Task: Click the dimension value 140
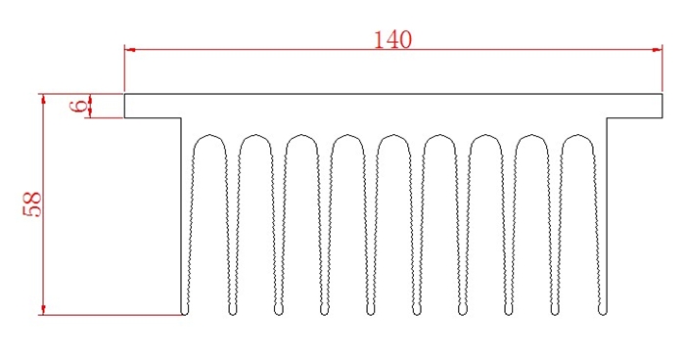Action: click(392, 39)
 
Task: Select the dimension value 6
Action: click(78, 106)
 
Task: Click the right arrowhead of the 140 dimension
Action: click(657, 49)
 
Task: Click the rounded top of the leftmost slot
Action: click(210, 135)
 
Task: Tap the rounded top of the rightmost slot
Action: click(579, 135)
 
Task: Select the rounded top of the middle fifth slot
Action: click(394, 135)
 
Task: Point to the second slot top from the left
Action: click(256, 135)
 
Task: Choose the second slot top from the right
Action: click(533, 135)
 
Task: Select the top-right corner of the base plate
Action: click(663, 95)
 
